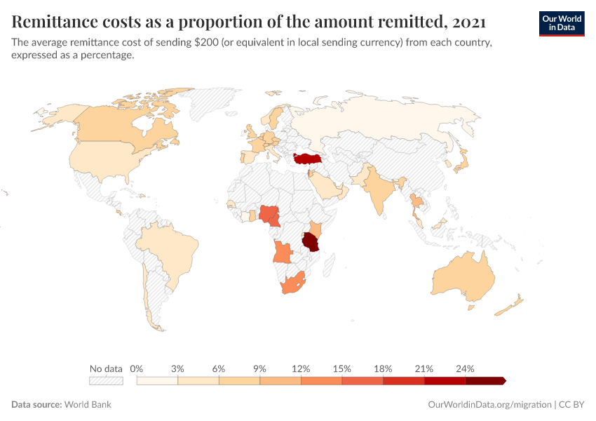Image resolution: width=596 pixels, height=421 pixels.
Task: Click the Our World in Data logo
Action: pos(561,23)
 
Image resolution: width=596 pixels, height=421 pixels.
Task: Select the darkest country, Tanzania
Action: pos(310,242)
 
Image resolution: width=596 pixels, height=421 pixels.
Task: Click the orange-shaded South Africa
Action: pos(292,284)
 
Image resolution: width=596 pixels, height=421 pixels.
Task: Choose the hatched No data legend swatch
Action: pos(106,381)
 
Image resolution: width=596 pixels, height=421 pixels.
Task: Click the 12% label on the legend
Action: pos(301,368)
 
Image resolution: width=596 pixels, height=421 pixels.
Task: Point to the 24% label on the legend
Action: pos(465,368)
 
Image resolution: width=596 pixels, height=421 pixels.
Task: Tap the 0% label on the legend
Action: pos(137,368)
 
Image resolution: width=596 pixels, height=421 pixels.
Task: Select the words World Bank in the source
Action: pos(88,405)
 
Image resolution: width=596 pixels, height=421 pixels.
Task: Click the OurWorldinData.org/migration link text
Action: pos(489,405)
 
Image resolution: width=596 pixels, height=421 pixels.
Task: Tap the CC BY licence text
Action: pos(571,405)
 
